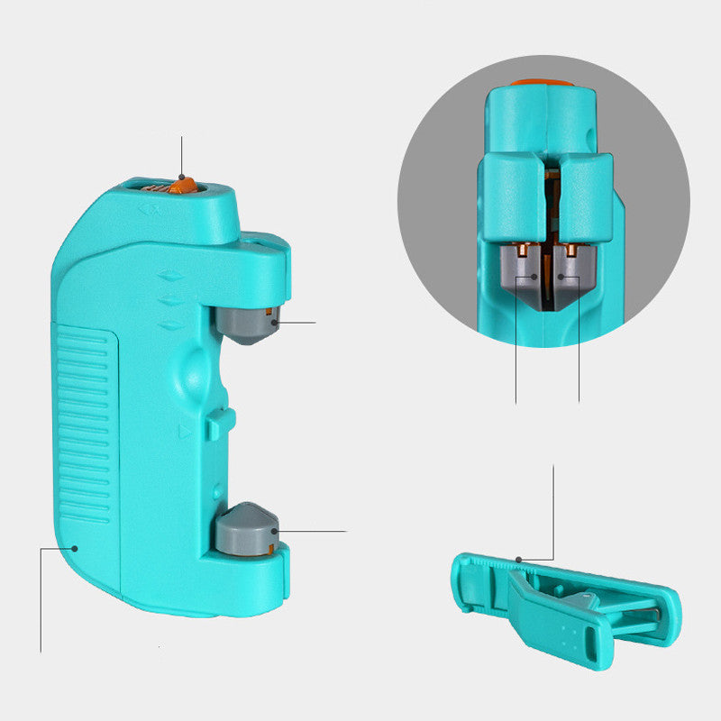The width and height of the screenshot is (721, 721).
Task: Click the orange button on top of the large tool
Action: (183, 187)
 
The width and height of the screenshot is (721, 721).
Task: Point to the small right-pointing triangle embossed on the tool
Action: (186, 432)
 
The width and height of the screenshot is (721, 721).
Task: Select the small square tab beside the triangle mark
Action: (216, 423)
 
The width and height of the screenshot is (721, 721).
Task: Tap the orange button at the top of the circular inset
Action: (541, 83)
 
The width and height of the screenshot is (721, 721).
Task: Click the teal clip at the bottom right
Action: (568, 604)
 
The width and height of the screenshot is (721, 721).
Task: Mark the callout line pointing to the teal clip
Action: (553, 514)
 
